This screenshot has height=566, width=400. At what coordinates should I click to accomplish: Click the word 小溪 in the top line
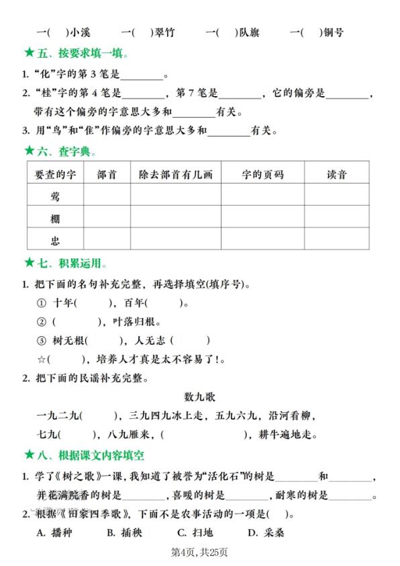click(x=80, y=32)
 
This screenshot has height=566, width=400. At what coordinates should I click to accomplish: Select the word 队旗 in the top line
click(x=248, y=32)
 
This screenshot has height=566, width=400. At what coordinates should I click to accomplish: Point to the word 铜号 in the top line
click(x=334, y=32)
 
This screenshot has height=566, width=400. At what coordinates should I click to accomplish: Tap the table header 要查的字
click(x=55, y=175)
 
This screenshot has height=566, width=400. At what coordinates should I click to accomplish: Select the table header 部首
click(x=107, y=175)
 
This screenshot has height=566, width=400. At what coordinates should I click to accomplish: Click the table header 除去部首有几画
click(x=175, y=175)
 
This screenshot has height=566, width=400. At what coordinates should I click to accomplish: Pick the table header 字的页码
click(x=262, y=175)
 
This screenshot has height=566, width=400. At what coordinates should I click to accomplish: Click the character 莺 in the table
click(x=55, y=196)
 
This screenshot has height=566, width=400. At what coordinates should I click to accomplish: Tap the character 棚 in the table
click(x=55, y=218)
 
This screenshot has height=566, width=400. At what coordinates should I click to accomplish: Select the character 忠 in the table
click(x=55, y=239)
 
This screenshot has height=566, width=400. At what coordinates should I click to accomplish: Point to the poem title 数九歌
click(x=199, y=397)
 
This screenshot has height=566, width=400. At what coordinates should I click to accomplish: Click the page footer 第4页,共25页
click(x=199, y=553)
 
